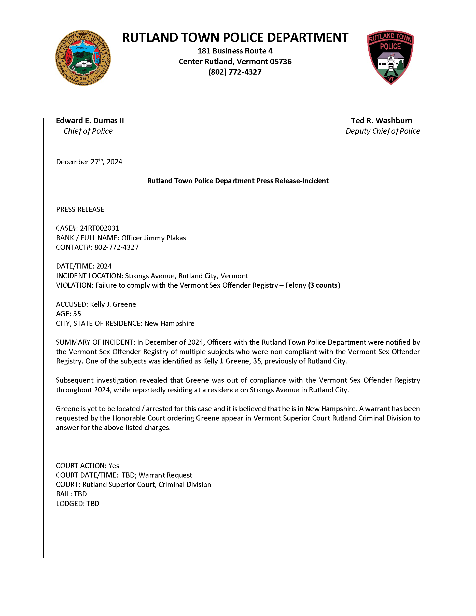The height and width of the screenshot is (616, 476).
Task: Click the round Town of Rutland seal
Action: [x=83, y=58]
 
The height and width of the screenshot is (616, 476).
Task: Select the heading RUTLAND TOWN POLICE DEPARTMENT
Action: [x=235, y=37]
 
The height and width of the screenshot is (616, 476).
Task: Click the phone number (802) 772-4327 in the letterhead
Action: [x=235, y=72]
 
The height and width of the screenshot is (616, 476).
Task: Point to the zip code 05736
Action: [x=281, y=62]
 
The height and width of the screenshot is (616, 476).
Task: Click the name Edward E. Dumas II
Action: [x=90, y=121]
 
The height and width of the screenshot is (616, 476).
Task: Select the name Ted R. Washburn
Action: [x=381, y=121]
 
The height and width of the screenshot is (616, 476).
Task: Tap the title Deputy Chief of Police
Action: [x=382, y=131]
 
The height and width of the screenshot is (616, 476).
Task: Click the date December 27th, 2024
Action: [x=89, y=162]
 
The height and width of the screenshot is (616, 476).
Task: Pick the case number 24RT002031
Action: [x=99, y=228]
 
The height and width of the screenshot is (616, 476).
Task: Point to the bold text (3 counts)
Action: [x=324, y=285]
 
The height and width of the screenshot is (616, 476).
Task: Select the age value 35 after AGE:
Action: [x=77, y=314]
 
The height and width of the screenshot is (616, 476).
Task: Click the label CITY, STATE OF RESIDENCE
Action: [x=99, y=323]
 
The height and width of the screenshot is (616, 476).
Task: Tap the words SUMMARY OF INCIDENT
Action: [x=95, y=342]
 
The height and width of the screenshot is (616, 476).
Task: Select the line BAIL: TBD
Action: [x=71, y=494]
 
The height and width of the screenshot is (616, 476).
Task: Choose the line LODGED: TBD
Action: [x=78, y=503]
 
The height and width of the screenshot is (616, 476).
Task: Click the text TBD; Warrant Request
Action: [x=157, y=475]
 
